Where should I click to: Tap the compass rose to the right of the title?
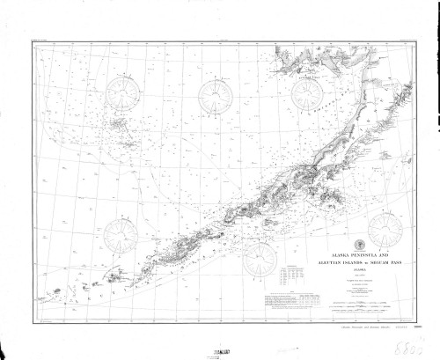coord(384,231)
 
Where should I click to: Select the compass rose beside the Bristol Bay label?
coord(305,95)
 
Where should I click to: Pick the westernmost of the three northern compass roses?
coord(123,95)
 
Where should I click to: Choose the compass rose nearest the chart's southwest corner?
coord(118,235)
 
